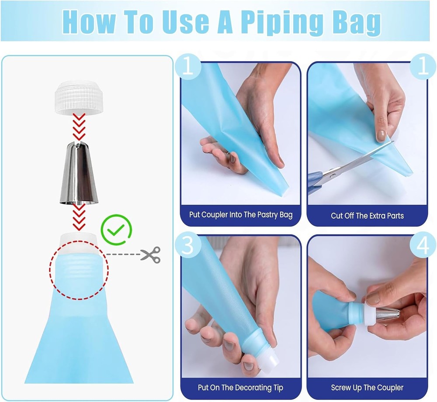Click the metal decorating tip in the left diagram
(79, 172)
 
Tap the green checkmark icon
(116, 230)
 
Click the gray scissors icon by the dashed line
(150, 255)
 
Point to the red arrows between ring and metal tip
(79, 127)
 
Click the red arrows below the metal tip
(79, 217)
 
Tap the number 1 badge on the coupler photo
(188, 67)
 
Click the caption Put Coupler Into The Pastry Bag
(241, 215)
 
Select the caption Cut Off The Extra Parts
(368, 216)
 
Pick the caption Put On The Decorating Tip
(240, 388)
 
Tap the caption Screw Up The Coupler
(368, 388)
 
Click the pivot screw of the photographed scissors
(333, 175)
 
